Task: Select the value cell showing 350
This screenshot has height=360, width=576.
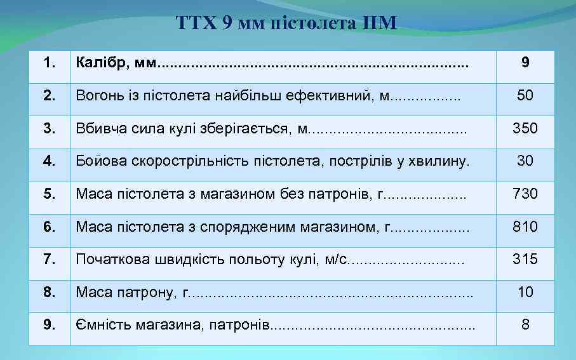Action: tap(525, 128)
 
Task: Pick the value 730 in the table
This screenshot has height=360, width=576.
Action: tap(525, 193)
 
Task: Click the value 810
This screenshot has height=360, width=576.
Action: tap(525, 226)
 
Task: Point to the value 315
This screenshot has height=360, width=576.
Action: tap(525, 259)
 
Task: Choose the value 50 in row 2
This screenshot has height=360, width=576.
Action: tap(525, 95)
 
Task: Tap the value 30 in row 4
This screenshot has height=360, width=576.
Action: tap(525, 161)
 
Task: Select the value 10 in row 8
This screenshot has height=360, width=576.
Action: tap(525, 292)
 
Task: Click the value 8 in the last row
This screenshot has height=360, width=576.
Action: tap(525, 324)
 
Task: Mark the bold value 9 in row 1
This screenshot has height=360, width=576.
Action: tap(525, 62)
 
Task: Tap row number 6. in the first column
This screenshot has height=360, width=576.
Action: tap(48, 226)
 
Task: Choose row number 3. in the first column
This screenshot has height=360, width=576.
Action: tap(48, 128)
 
